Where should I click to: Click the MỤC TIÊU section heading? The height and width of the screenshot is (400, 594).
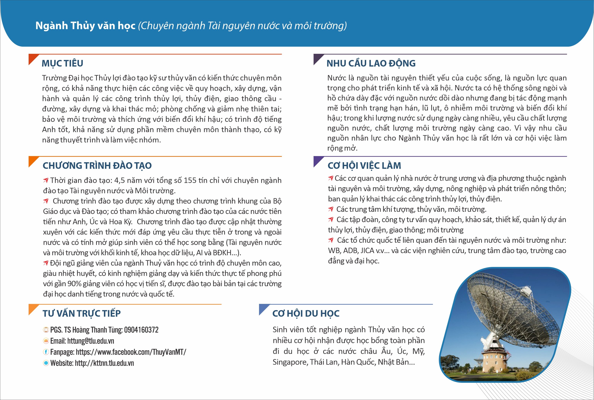(62, 63)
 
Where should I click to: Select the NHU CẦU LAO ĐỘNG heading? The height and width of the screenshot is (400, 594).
(371, 63)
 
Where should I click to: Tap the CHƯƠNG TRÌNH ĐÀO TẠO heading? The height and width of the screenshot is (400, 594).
(97, 166)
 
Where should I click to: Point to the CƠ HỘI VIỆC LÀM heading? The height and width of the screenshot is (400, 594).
(364, 166)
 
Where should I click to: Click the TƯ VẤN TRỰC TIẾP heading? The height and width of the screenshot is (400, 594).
(82, 313)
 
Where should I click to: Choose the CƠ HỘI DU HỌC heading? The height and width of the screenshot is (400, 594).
(306, 313)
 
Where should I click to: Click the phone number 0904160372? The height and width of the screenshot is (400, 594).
(141, 330)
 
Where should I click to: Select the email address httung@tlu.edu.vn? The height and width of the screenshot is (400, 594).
(91, 341)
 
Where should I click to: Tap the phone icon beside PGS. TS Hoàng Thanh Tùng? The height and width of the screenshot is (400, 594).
(46, 330)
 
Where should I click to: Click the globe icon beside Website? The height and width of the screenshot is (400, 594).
(46, 363)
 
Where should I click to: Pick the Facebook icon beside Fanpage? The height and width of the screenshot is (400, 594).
(46, 352)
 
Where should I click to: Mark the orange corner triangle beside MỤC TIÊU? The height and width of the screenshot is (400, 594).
(33, 58)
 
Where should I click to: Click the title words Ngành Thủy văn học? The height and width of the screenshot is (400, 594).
(85, 26)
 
